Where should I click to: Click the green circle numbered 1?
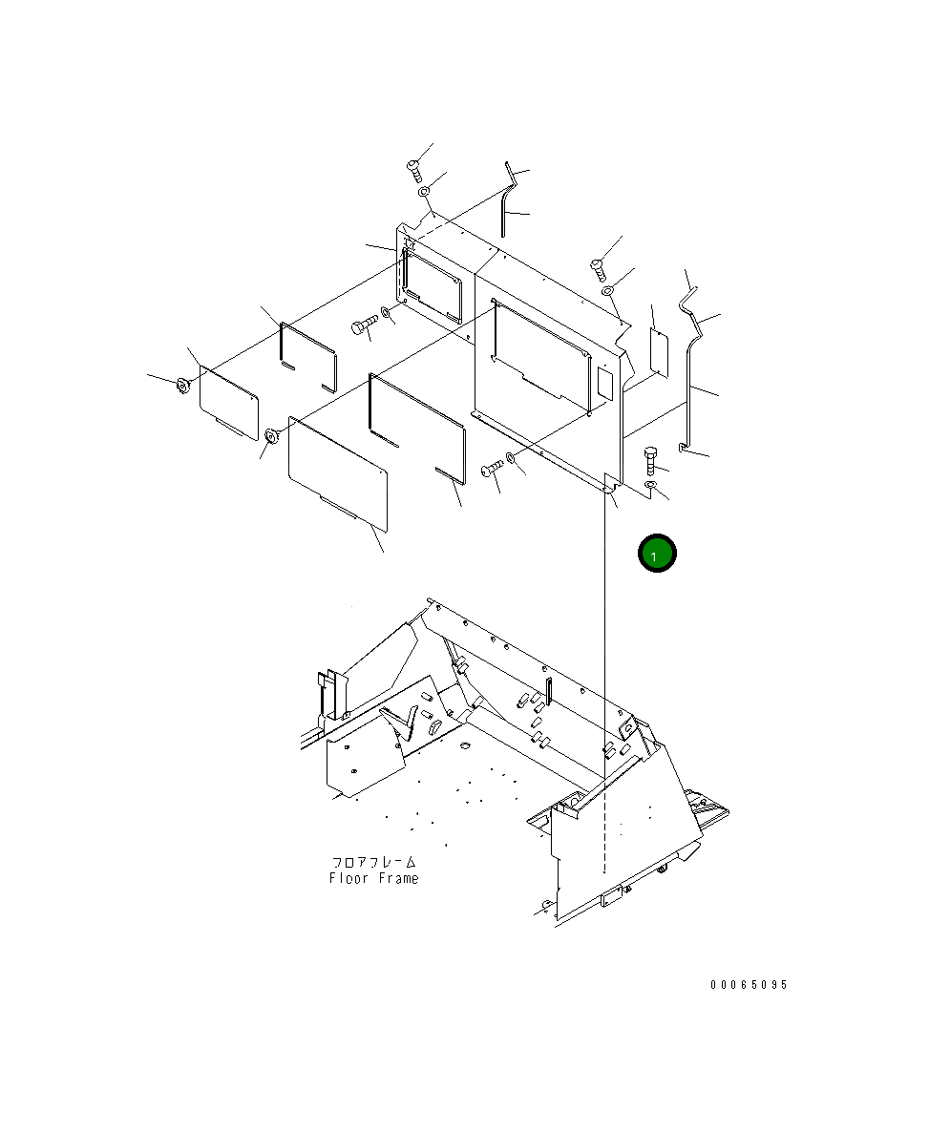click(657, 554)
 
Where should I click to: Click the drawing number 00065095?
click(750, 984)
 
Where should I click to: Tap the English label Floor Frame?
click(373, 879)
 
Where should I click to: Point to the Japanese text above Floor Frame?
click(373, 862)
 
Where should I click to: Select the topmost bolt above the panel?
click(414, 171)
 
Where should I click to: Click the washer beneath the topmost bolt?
click(424, 191)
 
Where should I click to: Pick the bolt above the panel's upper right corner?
click(598, 268)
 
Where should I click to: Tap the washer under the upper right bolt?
click(608, 290)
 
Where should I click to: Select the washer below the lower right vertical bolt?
click(650, 485)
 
